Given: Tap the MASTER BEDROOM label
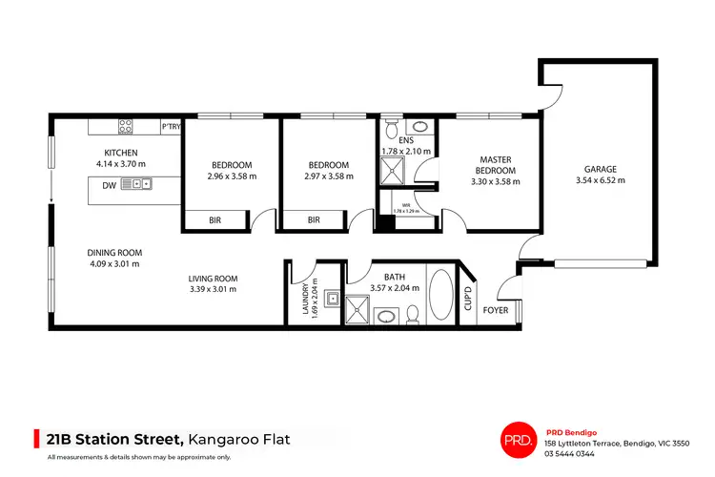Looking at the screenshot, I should point(496,164).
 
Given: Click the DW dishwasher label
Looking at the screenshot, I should point(110,185).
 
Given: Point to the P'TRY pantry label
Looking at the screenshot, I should point(172,127).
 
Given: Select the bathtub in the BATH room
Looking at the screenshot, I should point(441,297).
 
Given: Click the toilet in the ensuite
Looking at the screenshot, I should point(393,127).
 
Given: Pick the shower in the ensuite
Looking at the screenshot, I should point(392,172).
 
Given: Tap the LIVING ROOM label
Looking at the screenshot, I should point(212,278).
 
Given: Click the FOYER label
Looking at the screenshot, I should point(496,311).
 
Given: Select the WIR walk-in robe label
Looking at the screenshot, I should point(405,203).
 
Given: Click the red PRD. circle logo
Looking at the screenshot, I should point(515,439).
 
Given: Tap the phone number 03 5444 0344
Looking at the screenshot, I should point(575,453).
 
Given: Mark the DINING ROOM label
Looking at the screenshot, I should point(115,253).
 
